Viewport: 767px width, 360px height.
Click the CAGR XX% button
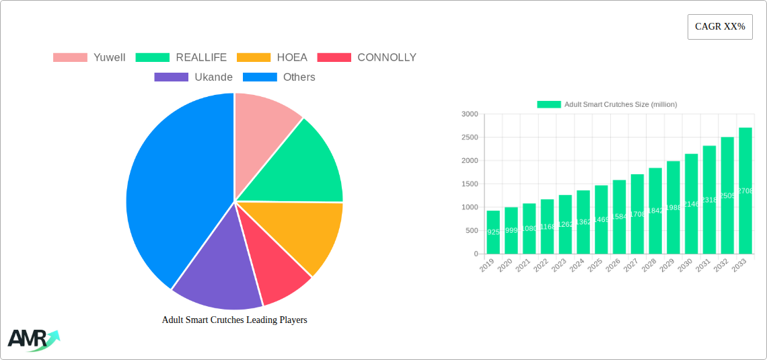click(719, 27)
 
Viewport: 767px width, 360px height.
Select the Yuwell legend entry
click(89, 57)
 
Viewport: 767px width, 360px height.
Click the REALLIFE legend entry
click(181, 57)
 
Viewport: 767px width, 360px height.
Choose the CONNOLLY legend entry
click(367, 57)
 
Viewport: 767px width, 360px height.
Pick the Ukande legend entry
click(194, 77)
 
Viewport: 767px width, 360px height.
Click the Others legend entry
click(279, 77)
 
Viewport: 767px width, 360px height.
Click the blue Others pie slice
click(175, 188)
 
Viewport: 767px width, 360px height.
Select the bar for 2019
click(493, 232)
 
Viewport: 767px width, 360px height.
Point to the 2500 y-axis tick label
click(470, 137)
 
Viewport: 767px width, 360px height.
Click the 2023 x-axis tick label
click(559, 266)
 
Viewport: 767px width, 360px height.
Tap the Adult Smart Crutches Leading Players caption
click(234, 320)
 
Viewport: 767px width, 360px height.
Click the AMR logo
click(32, 340)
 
